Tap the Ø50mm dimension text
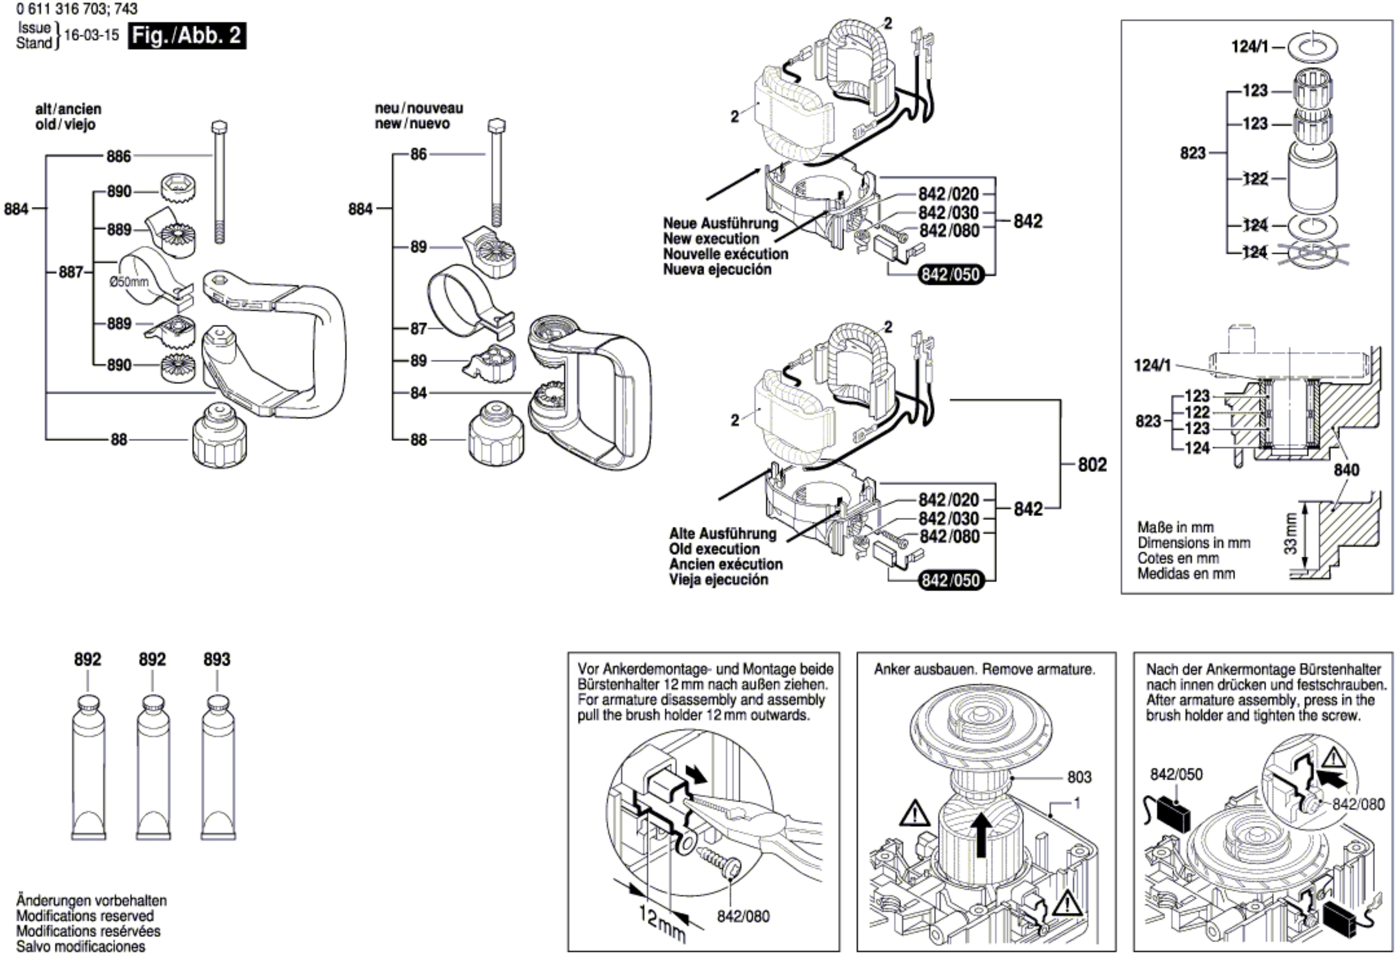(x=129, y=281)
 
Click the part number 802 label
(x=1092, y=465)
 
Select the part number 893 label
(x=216, y=659)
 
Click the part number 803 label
(x=1079, y=777)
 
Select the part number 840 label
(x=1346, y=469)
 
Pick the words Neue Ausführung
(x=720, y=224)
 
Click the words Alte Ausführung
(x=723, y=534)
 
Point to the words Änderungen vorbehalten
(x=92, y=901)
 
